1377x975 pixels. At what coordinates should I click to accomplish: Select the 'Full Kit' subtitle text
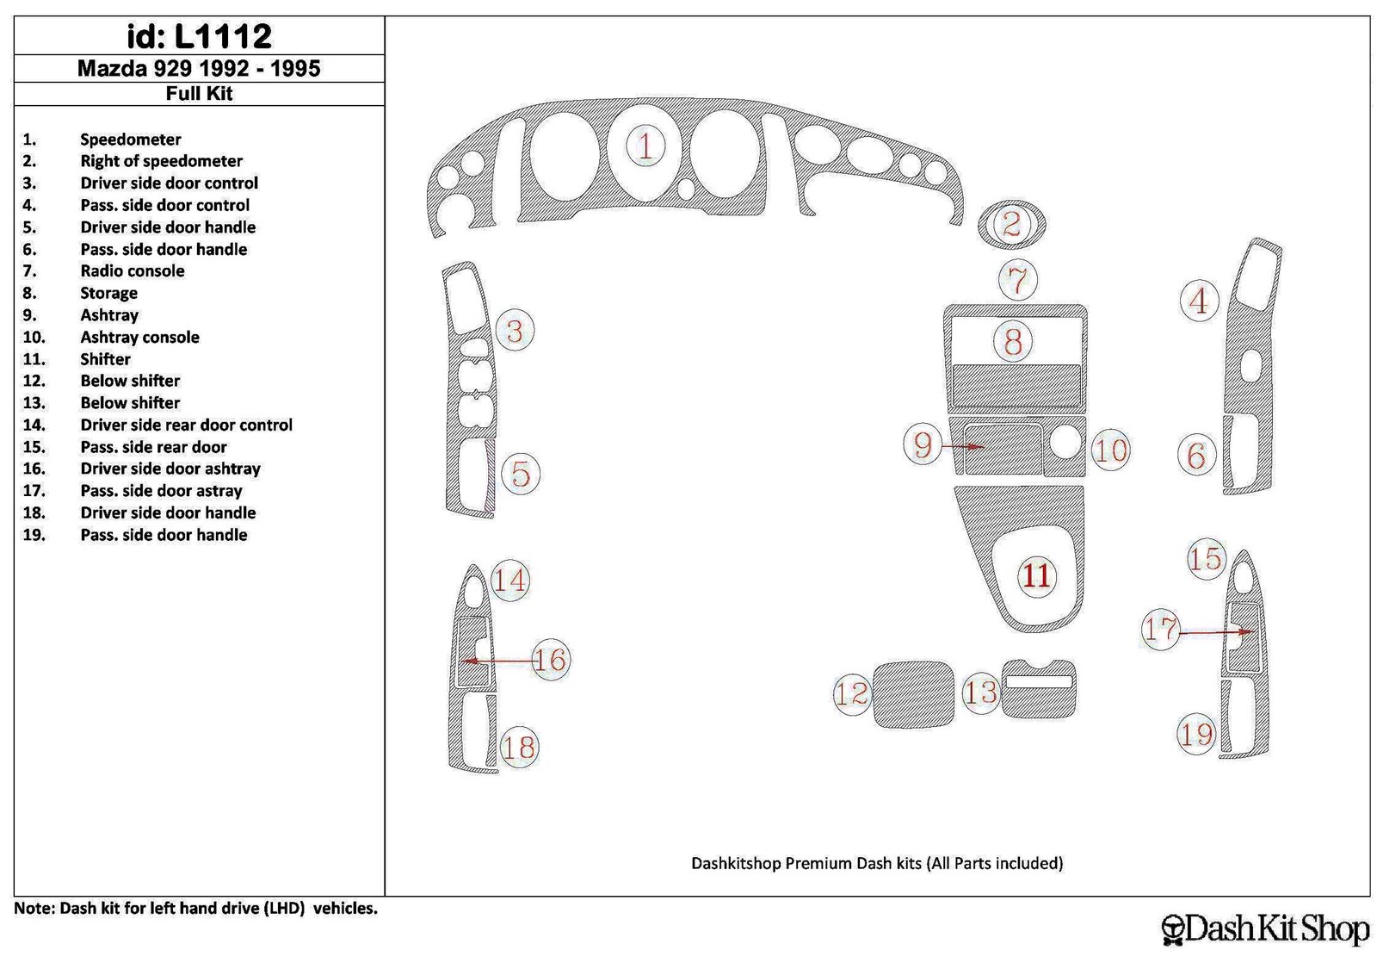coord(199,94)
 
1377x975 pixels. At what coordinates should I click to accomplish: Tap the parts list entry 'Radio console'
coord(133,270)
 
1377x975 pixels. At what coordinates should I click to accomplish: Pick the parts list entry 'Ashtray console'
coord(139,337)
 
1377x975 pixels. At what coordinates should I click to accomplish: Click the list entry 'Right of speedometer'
coord(161,161)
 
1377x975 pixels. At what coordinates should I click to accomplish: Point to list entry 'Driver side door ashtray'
coord(170,469)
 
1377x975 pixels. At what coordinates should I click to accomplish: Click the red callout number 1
coord(645,146)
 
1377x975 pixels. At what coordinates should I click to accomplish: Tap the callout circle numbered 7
coord(1018,280)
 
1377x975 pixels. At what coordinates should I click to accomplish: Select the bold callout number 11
coord(1036,575)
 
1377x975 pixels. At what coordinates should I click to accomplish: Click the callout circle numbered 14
coord(509,580)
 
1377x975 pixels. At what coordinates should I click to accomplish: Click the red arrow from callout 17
coord(1216,631)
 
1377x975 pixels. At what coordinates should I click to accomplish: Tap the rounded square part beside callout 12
coord(913,694)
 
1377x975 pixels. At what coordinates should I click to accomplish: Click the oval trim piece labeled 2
coord(1012,224)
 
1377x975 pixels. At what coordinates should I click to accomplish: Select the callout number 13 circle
coord(980,692)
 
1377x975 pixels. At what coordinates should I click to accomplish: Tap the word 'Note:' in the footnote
coord(34,908)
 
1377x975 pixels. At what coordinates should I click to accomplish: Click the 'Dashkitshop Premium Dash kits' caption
coord(806,864)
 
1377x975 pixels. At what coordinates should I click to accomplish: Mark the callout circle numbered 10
coord(1110,450)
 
